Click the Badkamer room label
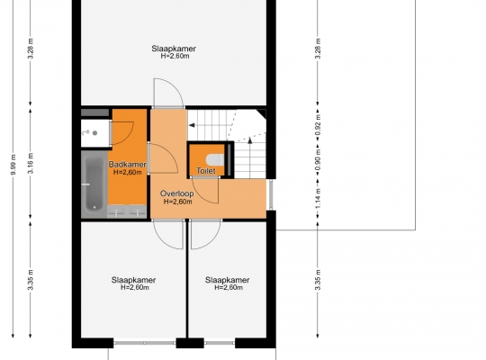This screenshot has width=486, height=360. (128, 165)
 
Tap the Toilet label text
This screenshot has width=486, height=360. (206, 170)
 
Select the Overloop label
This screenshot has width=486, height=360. (177, 193)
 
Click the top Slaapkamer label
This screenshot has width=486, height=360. (174, 49)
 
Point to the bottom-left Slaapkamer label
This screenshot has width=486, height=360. (133, 280)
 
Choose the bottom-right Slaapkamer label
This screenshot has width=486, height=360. (227, 280)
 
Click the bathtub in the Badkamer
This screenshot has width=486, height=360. (94, 184)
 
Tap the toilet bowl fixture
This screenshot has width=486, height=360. (215, 160)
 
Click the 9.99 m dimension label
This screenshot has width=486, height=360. (13, 165)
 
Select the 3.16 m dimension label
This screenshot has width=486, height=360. (31, 164)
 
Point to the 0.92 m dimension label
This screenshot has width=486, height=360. (318, 125)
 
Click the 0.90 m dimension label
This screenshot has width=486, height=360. (318, 160)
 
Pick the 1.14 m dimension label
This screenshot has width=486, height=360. (318, 199)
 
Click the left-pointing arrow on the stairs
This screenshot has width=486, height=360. (192, 125)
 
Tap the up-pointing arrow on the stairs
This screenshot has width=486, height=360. (250, 140)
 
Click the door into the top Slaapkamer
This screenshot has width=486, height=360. (169, 93)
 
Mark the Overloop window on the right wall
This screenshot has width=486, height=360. (271, 194)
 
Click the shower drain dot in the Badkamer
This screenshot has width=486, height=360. (95, 133)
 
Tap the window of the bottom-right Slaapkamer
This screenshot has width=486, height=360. (220, 343)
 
